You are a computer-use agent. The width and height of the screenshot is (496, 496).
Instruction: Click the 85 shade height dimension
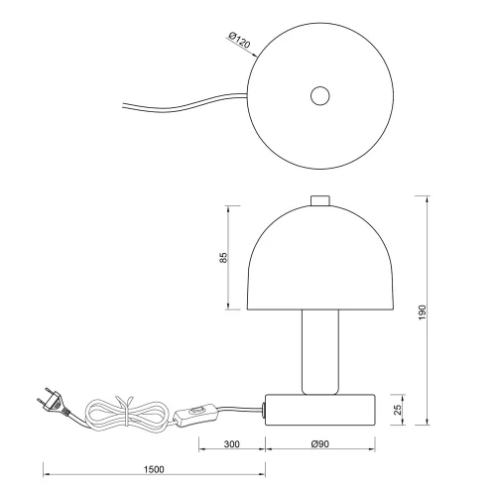point(224,257)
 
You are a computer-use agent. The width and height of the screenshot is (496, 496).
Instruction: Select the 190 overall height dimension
point(422,310)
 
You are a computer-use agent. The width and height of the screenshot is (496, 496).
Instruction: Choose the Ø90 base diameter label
point(319,444)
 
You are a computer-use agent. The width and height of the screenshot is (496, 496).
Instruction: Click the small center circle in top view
point(319,96)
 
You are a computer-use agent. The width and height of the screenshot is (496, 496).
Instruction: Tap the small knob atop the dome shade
point(319,201)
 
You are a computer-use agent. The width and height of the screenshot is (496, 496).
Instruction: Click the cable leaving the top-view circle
point(179,106)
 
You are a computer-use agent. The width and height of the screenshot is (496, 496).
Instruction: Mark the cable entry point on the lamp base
point(265,407)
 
